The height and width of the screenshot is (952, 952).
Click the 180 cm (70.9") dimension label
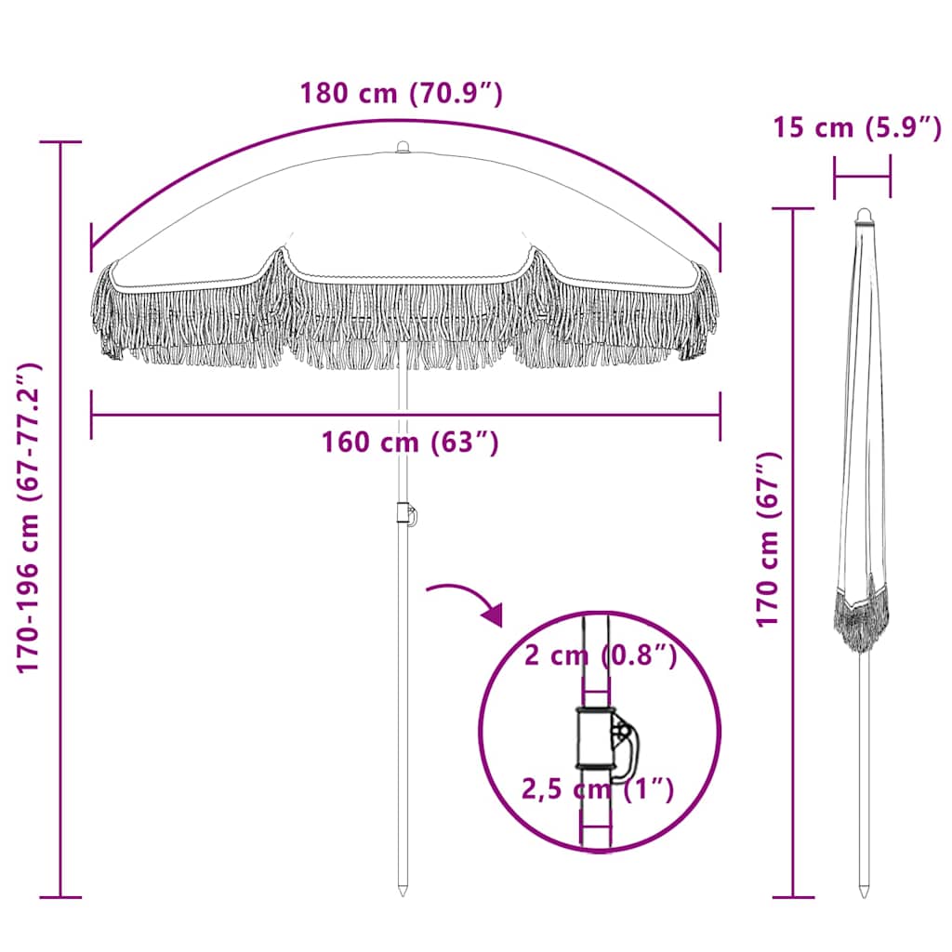point(401,94)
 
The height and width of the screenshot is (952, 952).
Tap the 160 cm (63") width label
point(410,443)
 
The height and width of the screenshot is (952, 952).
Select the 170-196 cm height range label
point(31,519)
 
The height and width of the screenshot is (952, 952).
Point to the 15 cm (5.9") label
point(856,127)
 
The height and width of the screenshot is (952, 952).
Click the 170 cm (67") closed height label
point(767,539)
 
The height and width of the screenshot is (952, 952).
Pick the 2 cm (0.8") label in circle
point(600,655)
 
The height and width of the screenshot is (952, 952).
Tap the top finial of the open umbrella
point(403,147)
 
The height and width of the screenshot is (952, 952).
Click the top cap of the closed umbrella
point(864,216)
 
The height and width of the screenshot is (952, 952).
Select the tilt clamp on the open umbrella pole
point(405,514)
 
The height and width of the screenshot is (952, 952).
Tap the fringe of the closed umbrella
point(861,618)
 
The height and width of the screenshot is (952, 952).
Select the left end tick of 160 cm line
point(91,415)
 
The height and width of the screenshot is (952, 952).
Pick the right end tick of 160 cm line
point(720,415)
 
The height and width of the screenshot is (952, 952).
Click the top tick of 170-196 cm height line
point(60,142)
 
